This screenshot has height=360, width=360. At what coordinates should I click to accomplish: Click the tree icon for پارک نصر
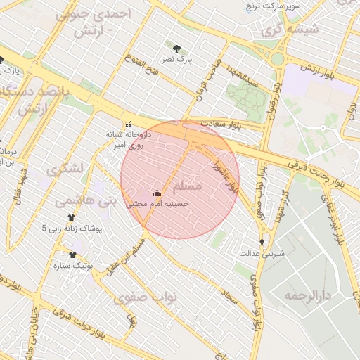click(x=176, y=49)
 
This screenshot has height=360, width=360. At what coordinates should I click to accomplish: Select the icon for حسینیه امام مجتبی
click(x=157, y=193)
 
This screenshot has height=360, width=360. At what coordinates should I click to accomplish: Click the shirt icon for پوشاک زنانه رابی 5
click(x=70, y=218)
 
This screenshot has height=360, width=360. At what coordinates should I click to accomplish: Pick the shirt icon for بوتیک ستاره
click(x=72, y=255)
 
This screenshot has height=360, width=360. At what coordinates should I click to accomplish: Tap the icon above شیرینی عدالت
click(x=262, y=243)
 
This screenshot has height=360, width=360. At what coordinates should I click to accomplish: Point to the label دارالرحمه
click(x=307, y=295)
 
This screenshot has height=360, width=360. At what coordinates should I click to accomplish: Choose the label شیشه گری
click(x=290, y=30)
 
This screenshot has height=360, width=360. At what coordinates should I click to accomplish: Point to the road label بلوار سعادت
click(x=220, y=124)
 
